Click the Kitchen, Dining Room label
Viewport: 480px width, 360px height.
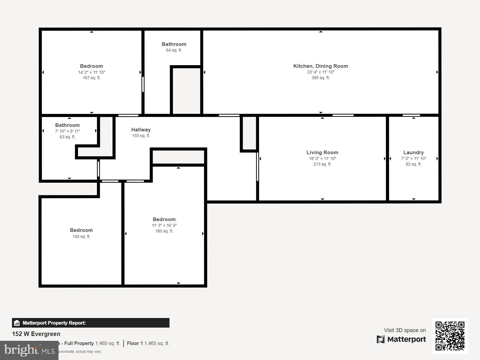click(x=320, y=66)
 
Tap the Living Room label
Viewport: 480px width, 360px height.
click(x=322, y=152)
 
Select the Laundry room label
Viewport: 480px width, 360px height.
click(x=413, y=152)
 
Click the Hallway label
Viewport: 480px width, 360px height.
click(x=141, y=130)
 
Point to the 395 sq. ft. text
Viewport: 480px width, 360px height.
click(x=320, y=78)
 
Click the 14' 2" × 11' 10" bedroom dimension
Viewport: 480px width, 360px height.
click(x=91, y=72)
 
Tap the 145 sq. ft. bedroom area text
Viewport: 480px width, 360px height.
click(x=81, y=236)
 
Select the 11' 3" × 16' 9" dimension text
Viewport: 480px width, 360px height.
click(x=164, y=225)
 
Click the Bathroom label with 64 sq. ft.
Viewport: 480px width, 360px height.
click(x=174, y=44)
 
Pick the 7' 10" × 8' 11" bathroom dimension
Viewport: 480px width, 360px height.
click(x=67, y=131)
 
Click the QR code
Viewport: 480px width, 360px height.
click(x=450, y=336)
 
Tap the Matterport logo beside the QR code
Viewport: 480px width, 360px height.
click(x=401, y=339)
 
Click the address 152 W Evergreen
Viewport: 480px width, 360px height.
click(x=36, y=334)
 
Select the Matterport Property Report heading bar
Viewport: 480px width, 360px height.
click(x=91, y=323)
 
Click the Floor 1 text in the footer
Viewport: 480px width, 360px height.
click(x=135, y=343)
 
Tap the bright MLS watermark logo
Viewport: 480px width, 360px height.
click(x=29, y=350)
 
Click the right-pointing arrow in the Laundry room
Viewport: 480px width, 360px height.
click(x=437, y=158)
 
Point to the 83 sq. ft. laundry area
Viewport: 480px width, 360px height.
click(x=413, y=164)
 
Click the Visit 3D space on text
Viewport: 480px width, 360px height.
click(x=405, y=330)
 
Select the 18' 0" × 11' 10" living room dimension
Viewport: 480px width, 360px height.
click(x=322, y=158)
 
